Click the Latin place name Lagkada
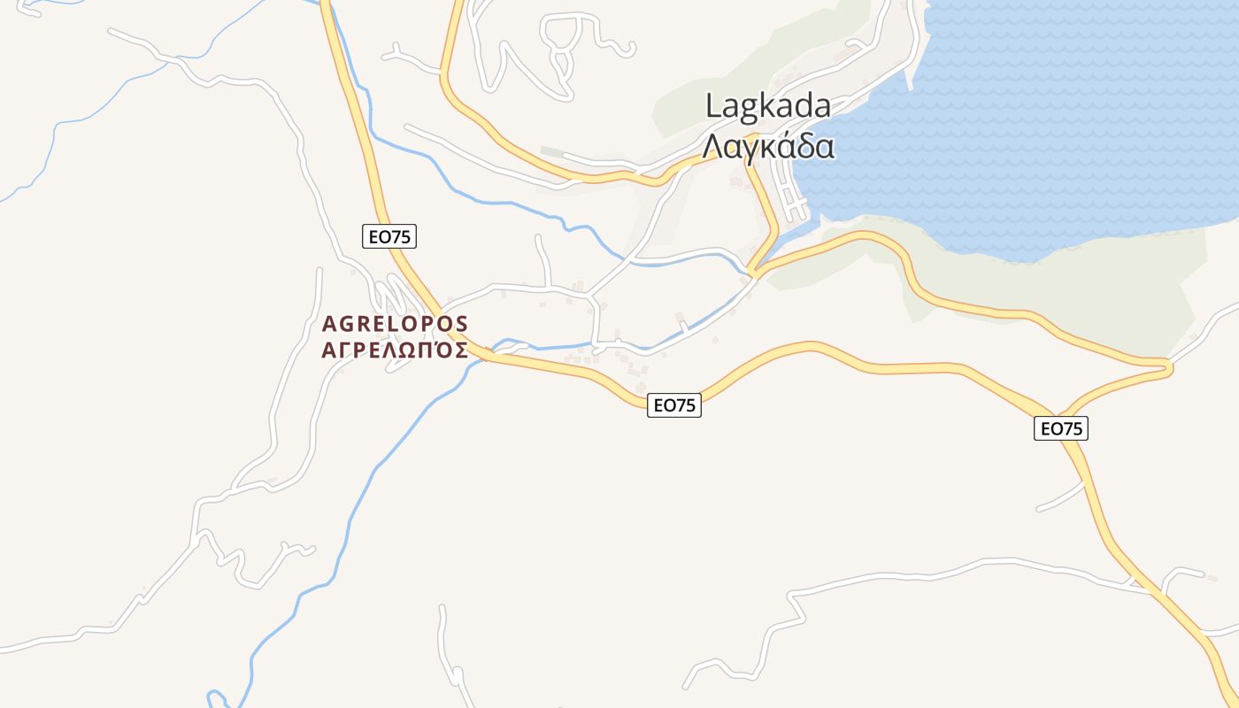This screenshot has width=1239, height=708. pos(768,106)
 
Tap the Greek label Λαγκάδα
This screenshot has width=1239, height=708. pos(768,146)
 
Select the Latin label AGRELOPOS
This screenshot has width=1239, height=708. pos(395,323)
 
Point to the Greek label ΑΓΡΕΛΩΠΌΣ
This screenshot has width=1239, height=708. pos(395,350)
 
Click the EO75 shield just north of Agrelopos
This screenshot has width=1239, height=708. pos(389,236)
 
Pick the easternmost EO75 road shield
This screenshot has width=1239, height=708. pos(1061,428)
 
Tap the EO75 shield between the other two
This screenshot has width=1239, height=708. pos(674,405)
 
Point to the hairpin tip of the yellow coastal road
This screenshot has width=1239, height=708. pos(1168,365)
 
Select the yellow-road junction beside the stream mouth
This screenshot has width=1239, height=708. pos(754,270)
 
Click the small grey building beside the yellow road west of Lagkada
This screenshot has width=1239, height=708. pos(551,152)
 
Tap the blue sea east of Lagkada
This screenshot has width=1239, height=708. pos(1062,115)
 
